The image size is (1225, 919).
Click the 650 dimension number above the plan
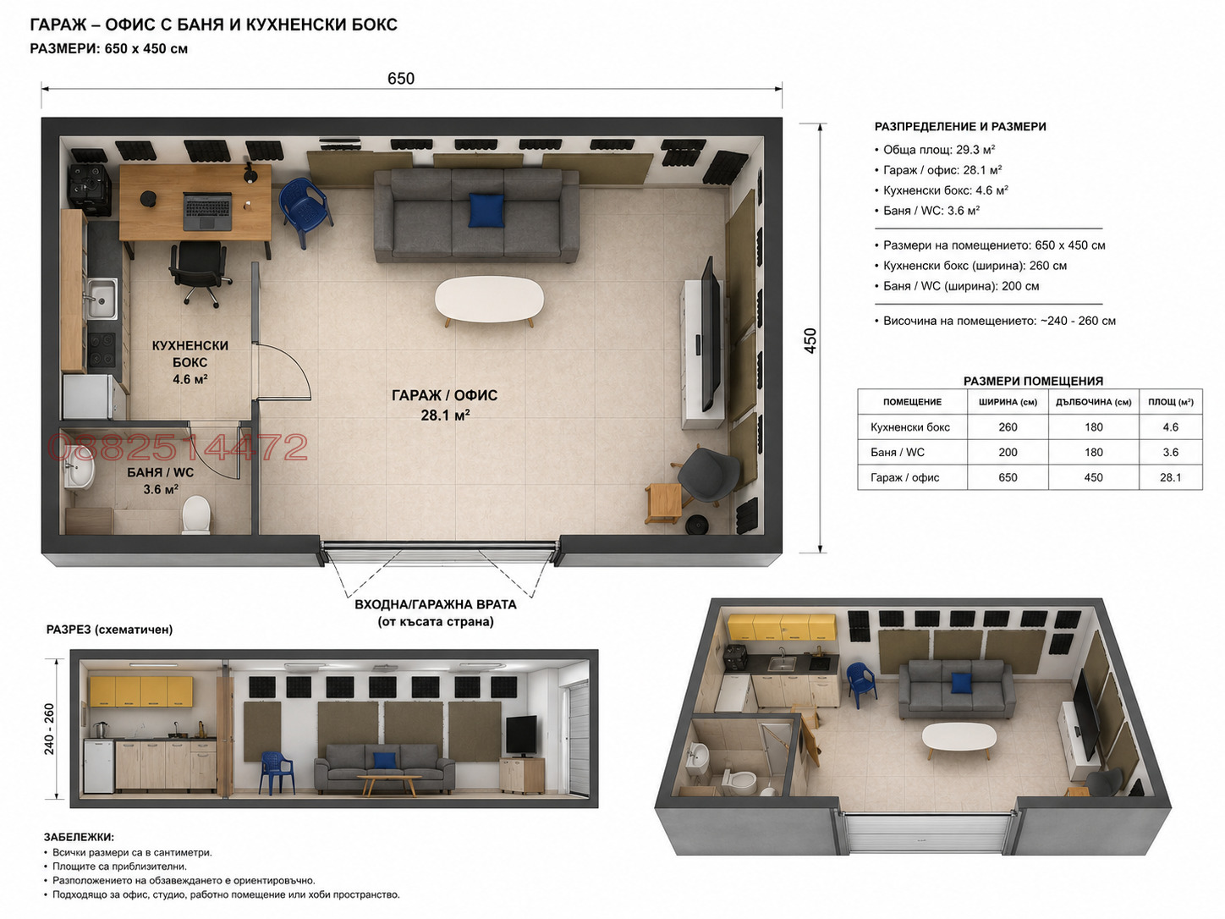[401, 79]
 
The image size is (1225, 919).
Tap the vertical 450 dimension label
[810, 340]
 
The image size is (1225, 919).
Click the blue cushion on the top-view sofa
[486, 211]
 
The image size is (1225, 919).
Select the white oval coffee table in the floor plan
[489, 300]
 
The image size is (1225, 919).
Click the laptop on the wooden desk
[207, 211]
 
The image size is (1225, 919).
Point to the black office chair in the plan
[200, 272]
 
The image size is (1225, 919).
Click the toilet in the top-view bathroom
[196, 515]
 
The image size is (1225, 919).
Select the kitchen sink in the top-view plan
[101, 299]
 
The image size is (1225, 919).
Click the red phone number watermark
[178, 448]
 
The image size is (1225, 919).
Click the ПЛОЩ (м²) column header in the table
[1170, 402]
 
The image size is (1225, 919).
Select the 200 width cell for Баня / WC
[1008, 452]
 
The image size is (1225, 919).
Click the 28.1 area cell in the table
[1170, 477]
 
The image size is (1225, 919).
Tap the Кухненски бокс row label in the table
[909, 426]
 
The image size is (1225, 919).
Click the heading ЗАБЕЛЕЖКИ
[79, 837]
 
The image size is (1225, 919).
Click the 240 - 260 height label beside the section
[49, 728]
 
